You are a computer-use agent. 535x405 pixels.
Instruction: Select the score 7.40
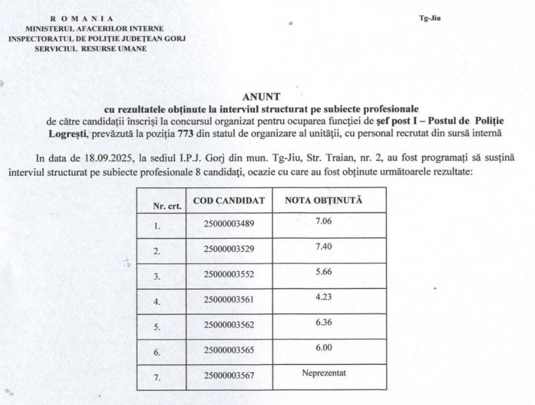(x=323, y=247)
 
